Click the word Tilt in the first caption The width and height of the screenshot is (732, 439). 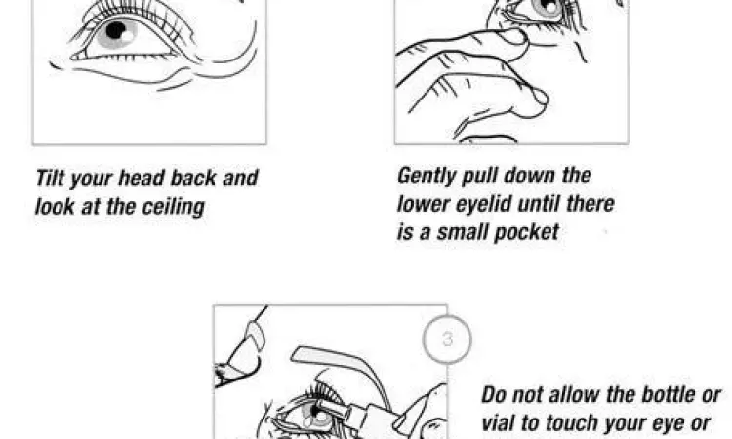click(x=50, y=178)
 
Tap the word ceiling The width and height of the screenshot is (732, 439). click(x=173, y=207)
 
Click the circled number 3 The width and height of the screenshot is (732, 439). click(x=447, y=339)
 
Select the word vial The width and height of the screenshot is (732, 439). click(x=498, y=423)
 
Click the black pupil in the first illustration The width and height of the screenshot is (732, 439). click(x=116, y=31)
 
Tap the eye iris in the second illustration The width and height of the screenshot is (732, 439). click(x=547, y=7)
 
